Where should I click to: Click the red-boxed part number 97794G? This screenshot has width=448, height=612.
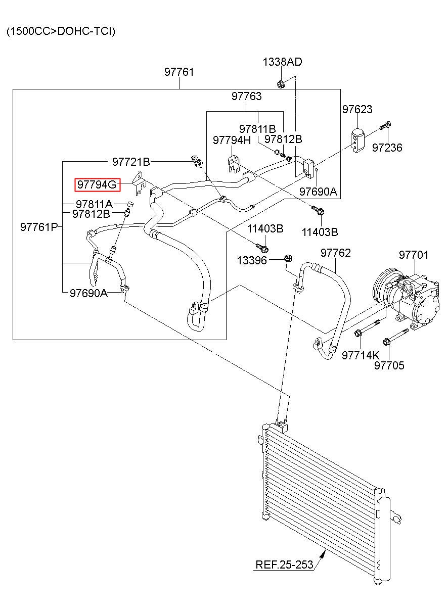[x=97, y=184]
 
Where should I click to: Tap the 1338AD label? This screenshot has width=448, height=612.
[x=282, y=62]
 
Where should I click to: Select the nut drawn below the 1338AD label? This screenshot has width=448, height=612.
[x=280, y=84]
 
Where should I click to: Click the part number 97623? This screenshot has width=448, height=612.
[x=357, y=109]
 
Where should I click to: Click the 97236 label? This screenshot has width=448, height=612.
[x=387, y=148]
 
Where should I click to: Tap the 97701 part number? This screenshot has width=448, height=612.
[x=414, y=255]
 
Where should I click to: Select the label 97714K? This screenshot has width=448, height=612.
[x=361, y=355]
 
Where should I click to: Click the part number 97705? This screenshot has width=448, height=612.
[x=389, y=365]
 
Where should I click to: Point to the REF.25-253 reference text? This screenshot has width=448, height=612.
[x=284, y=564]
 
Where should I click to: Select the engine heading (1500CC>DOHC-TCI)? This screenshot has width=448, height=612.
[x=61, y=31]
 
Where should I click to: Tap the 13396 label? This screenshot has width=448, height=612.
[x=252, y=260]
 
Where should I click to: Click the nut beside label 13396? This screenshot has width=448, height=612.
[x=287, y=258]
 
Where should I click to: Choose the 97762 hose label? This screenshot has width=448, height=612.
[x=335, y=253]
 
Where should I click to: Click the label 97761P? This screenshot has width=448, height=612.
[x=39, y=227]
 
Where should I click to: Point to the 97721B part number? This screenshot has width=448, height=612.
[x=131, y=162]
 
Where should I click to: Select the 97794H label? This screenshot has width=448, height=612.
[x=232, y=140]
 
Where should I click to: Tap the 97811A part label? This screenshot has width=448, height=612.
[x=94, y=204]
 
